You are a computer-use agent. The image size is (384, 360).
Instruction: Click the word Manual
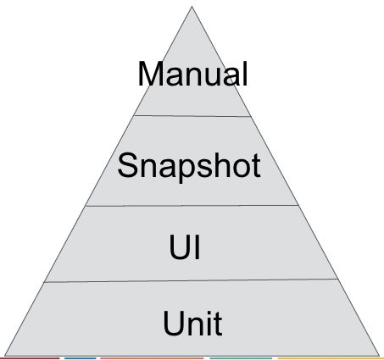[x=192, y=74]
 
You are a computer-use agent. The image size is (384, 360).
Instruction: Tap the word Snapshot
[x=189, y=166]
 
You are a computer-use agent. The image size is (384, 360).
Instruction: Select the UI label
[x=185, y=246]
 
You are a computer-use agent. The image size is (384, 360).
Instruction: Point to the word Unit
[x=192, y=323]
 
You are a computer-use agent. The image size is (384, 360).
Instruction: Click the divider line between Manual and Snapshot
[x=192, y=116]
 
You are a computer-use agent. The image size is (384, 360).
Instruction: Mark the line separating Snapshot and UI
[x=192, y=206]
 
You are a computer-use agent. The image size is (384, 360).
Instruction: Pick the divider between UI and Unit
[x=191, y=280]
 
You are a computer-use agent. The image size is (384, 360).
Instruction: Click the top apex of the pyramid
[x=192, y=6]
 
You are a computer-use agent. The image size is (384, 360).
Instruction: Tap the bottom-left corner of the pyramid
[x=4, y=356]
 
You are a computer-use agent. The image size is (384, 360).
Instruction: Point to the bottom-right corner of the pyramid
[x=379, y=356]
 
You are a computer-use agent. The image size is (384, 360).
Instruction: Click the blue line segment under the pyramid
[x=81, y=358]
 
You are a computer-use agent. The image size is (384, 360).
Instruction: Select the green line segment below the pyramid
[x=241, y=358]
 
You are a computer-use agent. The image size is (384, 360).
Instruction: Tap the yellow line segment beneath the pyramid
[x=331, y=358]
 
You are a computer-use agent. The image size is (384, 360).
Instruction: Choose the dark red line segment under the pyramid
[x=30, y=358]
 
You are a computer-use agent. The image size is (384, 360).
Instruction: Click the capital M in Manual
[x=150, y=74]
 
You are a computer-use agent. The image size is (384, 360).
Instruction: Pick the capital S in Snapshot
[x=128, y=165]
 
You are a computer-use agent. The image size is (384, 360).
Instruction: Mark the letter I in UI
[x=198, y=246]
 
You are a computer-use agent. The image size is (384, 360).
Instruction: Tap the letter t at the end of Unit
[x=218, y=324]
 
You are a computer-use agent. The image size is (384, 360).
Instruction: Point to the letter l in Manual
[x=245, y=74]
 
